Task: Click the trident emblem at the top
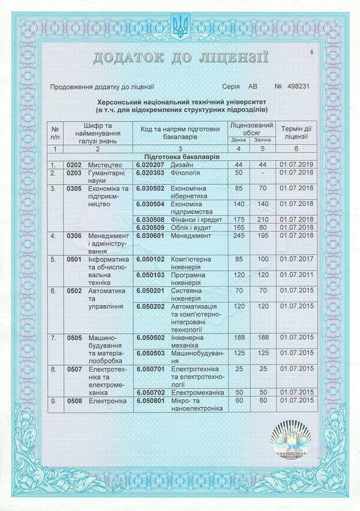click(180, 25)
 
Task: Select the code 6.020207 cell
click(149, 164)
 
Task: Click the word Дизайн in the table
click(182, 164)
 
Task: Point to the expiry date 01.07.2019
click(297, 164)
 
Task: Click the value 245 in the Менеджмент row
click(239, 235)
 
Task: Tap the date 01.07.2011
click(297, 275)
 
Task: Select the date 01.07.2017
click(297, 259)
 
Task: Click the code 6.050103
click(149, 275)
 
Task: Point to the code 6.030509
click(149, 227)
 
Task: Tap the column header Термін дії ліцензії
click(296, 133)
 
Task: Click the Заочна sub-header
click(262, 140)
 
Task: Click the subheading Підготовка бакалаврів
click(179, 156)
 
